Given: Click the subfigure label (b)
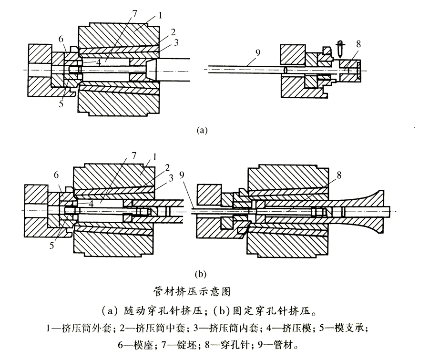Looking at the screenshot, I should tap(200, 274).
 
